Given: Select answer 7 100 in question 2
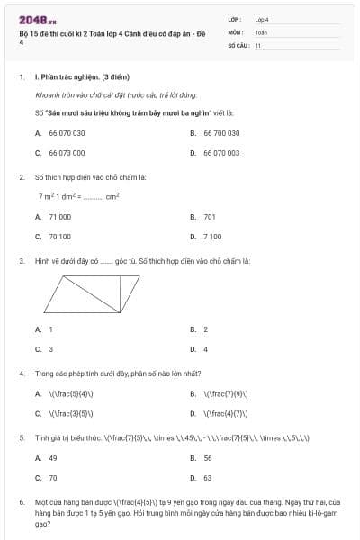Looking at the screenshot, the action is (211, 237).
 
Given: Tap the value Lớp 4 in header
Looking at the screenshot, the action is (262, 19).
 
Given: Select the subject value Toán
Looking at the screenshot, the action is (261, 31).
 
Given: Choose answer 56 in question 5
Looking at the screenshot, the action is (208, 457).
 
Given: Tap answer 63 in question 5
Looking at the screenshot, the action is (208, 478).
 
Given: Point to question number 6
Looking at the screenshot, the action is (21, 503).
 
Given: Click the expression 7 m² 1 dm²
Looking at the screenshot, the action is (59, 195).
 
